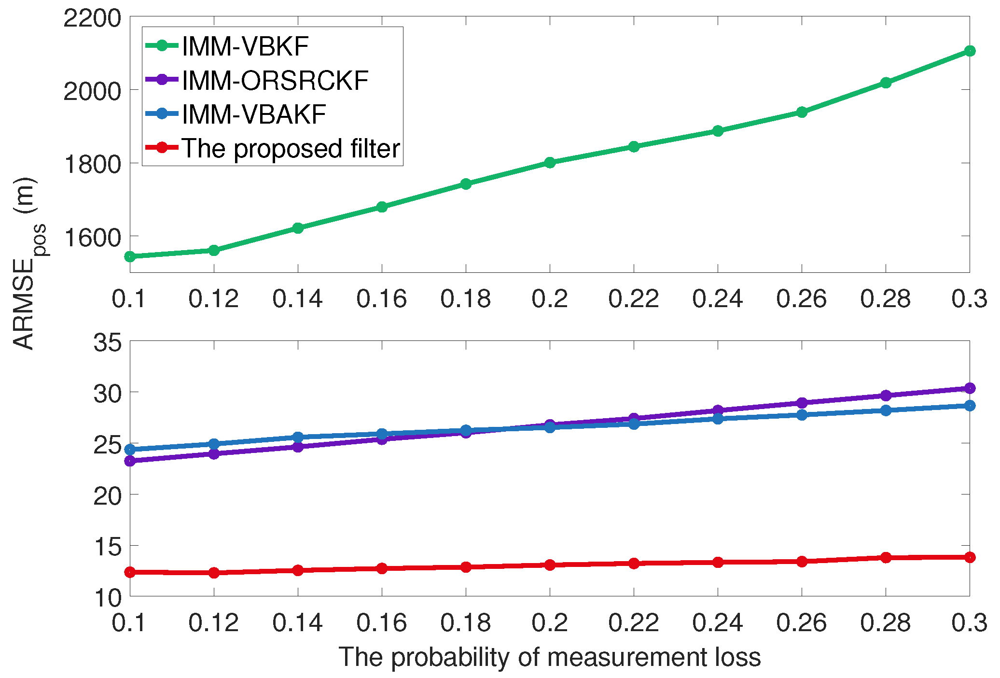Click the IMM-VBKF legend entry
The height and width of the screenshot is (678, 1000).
click(x=245, y=46)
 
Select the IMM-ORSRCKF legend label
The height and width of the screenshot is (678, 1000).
click(x=275, y=81)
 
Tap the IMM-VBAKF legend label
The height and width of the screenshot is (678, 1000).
click(x=254, y=114)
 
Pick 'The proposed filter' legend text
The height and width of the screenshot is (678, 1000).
click(x=291, y=148)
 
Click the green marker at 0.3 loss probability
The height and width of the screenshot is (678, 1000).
click(x=970, y=51)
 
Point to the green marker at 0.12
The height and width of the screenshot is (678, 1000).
click(x=214, y=250)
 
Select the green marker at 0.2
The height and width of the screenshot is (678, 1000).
click(x=550, y=162)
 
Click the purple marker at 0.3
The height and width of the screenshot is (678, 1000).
click(x=970, y=388)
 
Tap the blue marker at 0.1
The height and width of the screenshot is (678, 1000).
click(x=130, y=450)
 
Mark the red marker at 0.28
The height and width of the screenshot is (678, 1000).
click(x=886, y=557)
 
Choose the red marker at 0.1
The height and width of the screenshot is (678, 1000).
click(x=130, y=572)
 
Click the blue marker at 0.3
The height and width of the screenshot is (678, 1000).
click(x=970, y=406)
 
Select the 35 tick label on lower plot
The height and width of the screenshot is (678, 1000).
click(x=107, y=344)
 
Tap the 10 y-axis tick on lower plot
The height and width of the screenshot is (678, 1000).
click(x=107, y=598)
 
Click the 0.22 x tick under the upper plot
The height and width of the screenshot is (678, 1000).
click(x=633, y=299)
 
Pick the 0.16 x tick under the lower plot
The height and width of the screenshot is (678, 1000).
click(x=381, y=623)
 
